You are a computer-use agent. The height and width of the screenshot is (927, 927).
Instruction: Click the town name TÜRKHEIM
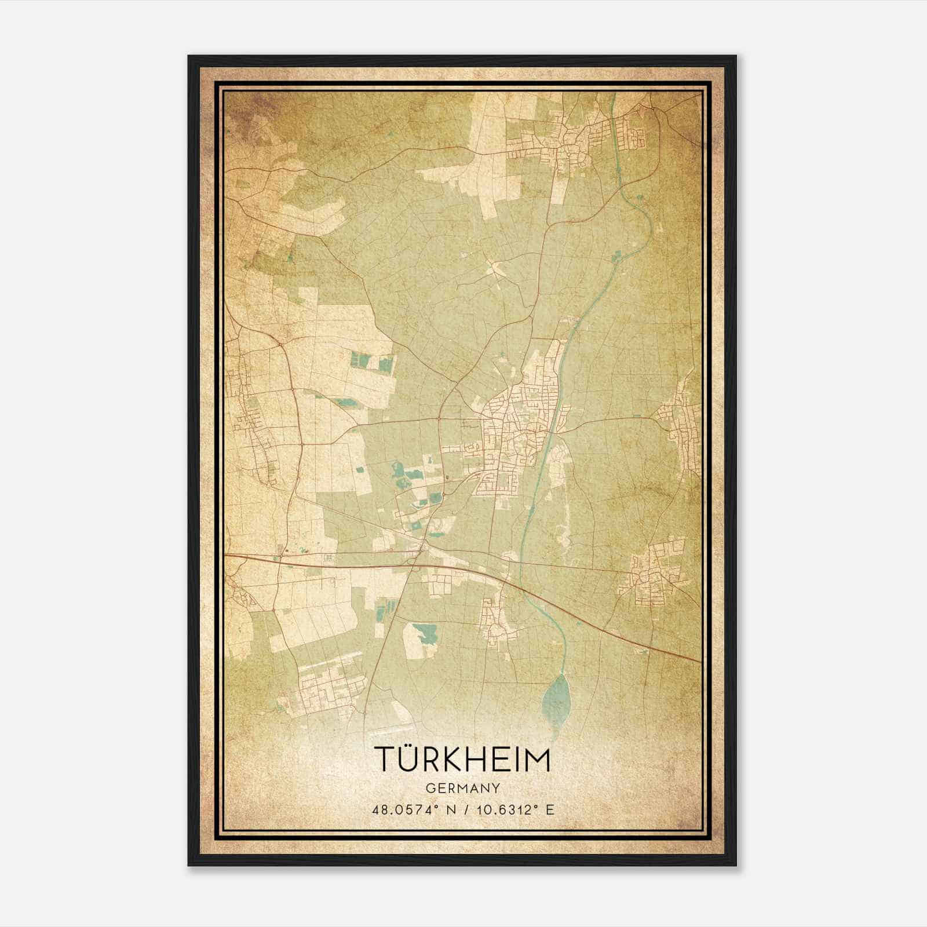pyautogui.click(x=462, y=760)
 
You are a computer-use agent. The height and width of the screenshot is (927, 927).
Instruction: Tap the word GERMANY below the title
pyautogui.click(x=462, y=788)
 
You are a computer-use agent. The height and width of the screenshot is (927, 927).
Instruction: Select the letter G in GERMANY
pyautogui.click(x=430, y=788)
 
